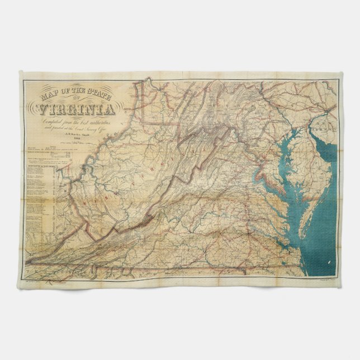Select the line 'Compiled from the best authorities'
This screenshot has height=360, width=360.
coord(70,121)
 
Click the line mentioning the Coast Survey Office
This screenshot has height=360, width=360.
coord(70,128)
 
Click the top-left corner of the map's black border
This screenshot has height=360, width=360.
coord(23,79)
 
